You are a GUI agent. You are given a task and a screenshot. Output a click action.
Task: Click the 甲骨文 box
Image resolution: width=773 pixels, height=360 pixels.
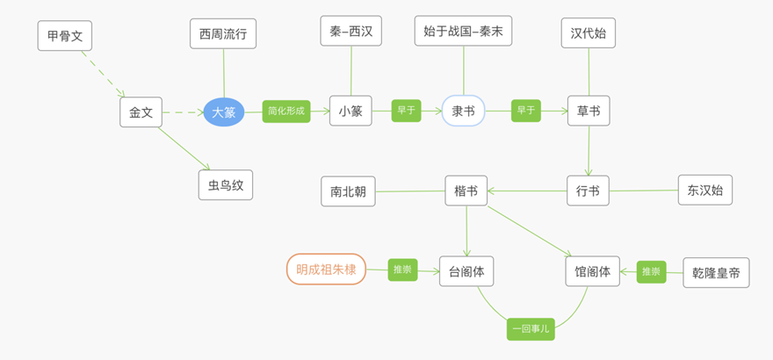point(65,35)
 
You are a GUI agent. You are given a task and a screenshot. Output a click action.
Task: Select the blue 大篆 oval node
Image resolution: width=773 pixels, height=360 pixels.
point(224,112)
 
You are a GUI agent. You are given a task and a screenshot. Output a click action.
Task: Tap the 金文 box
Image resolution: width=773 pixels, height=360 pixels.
point(141,112)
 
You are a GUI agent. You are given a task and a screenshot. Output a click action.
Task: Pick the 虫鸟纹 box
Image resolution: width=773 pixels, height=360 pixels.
point(225,185)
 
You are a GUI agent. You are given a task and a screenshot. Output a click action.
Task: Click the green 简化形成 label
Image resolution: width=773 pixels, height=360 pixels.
point(286,111)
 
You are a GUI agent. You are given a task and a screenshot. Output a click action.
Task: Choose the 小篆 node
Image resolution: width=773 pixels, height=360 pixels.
point(351,111)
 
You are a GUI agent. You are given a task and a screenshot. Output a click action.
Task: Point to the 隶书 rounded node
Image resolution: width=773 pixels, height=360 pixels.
point(463,111)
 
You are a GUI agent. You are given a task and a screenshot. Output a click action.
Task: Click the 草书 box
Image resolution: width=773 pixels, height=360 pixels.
point(588,111)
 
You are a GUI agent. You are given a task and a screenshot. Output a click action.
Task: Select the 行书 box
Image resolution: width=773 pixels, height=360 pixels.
point(588,191)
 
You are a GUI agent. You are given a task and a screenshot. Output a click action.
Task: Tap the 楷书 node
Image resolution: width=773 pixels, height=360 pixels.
point(466,191)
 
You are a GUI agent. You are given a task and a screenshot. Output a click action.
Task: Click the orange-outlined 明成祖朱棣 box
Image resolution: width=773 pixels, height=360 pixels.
point(326,270)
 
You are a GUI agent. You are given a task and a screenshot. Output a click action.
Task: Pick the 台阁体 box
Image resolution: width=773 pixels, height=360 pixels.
point(466,271)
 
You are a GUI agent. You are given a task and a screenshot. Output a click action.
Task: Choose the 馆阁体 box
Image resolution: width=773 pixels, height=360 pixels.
point(592,271)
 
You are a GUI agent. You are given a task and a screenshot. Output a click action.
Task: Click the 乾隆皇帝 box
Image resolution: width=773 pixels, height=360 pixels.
point(716,273)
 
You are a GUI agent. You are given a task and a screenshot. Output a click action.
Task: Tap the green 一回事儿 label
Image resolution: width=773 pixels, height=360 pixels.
point(531,328)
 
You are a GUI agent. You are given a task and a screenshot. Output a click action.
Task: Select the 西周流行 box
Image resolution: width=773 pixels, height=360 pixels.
point(223,34)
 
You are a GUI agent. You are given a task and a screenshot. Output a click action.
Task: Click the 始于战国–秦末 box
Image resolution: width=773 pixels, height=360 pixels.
point(463,31)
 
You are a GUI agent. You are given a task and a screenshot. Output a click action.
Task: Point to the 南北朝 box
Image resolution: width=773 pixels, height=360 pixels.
point(348,191)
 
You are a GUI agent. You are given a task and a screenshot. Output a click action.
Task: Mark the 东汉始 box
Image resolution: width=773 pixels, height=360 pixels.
point(704,190)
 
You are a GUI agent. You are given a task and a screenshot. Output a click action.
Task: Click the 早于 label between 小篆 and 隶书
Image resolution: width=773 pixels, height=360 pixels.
point(406,111)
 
